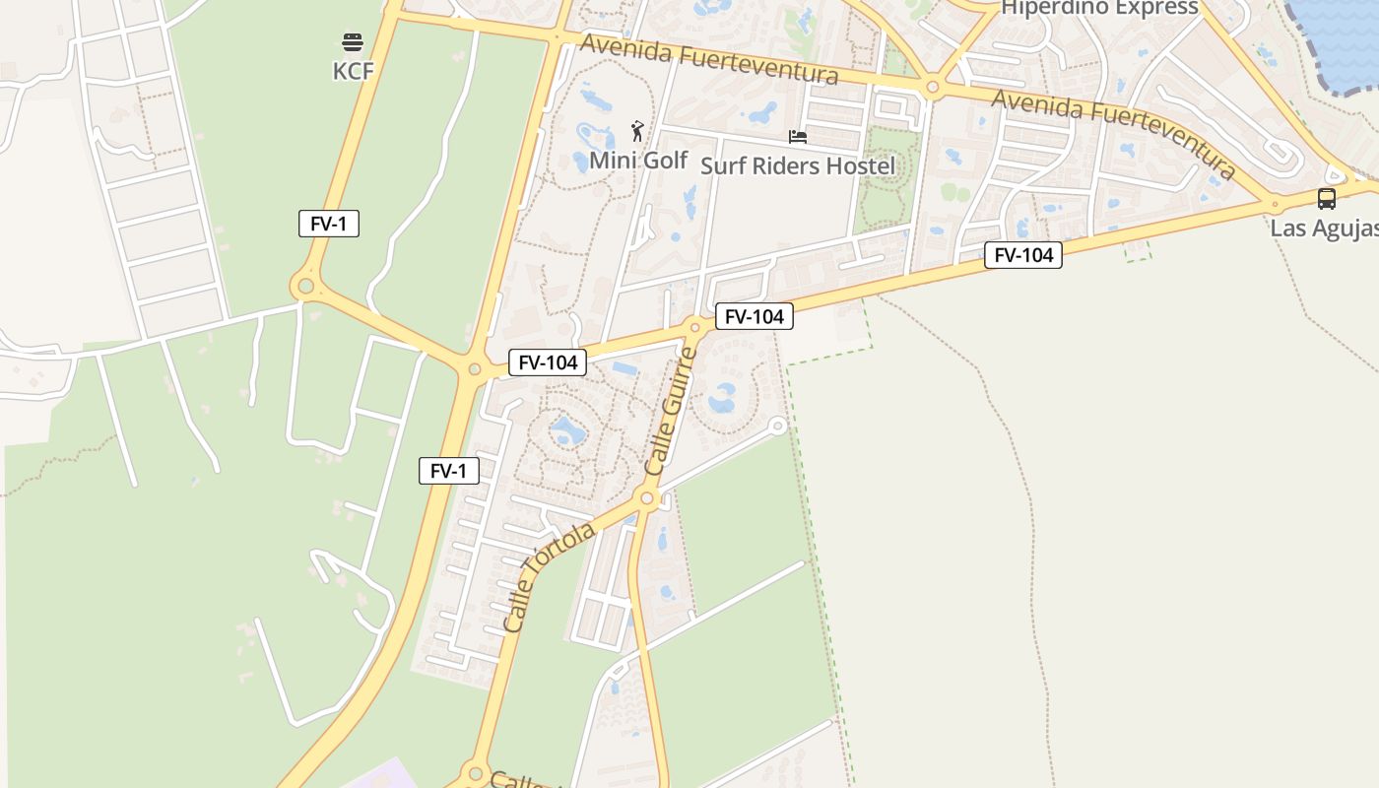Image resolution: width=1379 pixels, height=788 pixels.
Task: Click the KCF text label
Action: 353,71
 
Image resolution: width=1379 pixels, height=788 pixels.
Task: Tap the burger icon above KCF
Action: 353,42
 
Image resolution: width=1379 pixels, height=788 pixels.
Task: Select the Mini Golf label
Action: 638,160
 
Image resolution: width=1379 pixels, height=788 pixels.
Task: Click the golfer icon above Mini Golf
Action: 638,130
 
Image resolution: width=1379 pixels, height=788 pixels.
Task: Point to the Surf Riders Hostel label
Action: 798,165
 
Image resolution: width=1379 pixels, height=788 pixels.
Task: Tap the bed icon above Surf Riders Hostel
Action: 798,137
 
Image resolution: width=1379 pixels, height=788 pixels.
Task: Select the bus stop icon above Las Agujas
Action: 1327,199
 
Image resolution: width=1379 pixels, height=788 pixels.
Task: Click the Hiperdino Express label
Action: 1099,8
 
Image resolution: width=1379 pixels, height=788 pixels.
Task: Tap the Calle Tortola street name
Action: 549,576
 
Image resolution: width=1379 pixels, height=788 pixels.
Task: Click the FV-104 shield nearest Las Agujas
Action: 1023,256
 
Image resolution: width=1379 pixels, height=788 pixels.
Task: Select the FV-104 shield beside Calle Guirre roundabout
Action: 754,316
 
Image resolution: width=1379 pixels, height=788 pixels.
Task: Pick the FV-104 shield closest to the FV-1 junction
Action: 548,362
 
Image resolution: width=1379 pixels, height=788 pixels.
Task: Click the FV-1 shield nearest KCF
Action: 329,224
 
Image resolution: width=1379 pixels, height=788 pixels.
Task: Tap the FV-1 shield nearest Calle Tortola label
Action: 449,471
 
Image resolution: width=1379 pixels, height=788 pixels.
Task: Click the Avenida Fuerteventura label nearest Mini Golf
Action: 709,59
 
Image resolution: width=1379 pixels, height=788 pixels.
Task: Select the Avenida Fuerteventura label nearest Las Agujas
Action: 1114,134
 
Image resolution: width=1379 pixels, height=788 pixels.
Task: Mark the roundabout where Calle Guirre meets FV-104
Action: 695,327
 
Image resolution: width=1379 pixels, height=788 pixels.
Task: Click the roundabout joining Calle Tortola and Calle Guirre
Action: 647,499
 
